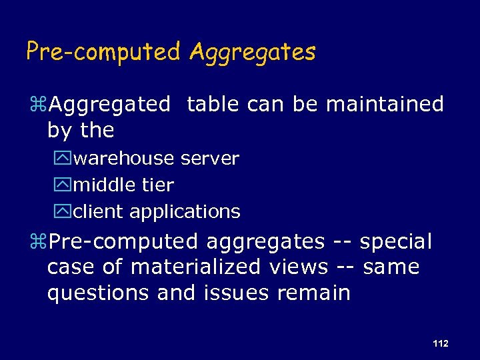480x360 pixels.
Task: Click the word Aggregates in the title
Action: [x=252, y=52]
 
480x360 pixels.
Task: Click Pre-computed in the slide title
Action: [x=103, y=51]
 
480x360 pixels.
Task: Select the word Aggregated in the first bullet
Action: [x=110, y=105]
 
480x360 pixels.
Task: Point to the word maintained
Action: [x=385, y=104]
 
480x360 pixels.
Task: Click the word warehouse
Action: [x=125, y=159]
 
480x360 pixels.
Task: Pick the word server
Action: [x=209, y=159]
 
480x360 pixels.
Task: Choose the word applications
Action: [x=185, y=213]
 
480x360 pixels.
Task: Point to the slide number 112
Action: [x=440, y=343]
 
